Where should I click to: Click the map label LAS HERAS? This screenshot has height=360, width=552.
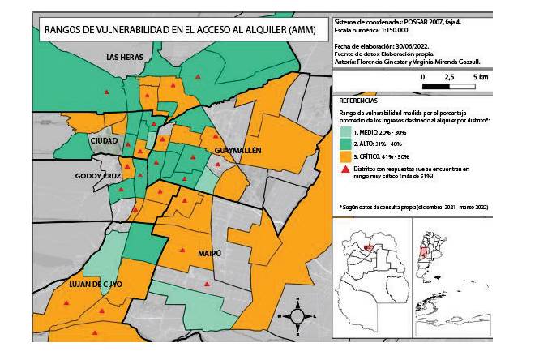pyautogui.click(x=126, y=57)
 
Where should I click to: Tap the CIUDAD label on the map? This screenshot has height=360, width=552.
pyautogui.click(x=105, y=140)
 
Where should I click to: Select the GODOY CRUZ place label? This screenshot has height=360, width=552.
pyautogui.click(x=97, y=175)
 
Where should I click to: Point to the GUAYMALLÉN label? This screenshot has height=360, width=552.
pyautogui.click(x=237, y=151)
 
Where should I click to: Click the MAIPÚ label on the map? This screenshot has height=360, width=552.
pyautogui.click(x=209, y=254)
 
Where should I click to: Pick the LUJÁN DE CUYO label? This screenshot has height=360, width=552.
pyautogui.click(x=95, y=284)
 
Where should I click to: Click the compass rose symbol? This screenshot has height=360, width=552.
pyautogui.click(x=297, y=315)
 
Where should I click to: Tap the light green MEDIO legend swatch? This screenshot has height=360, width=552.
pyautogui.click(x=345, y=131)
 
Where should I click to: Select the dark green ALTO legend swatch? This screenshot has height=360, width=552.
pyautogui.click(x=345, y=143)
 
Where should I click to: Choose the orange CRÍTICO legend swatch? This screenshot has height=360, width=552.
pyautogui.click(x=345, y=156)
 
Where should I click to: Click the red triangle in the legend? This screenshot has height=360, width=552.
pyautogui.click(x=345, y=169)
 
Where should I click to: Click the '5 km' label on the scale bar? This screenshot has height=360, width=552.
pyautogui.click(x=479, y=76)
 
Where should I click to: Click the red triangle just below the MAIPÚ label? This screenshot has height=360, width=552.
pyautogui.click(x=209, y=284)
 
